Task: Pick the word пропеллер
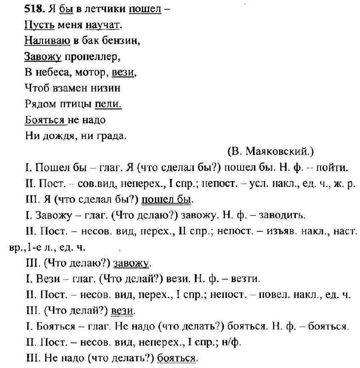[x=92, y=57]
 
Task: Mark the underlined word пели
[x=107, y=104]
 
